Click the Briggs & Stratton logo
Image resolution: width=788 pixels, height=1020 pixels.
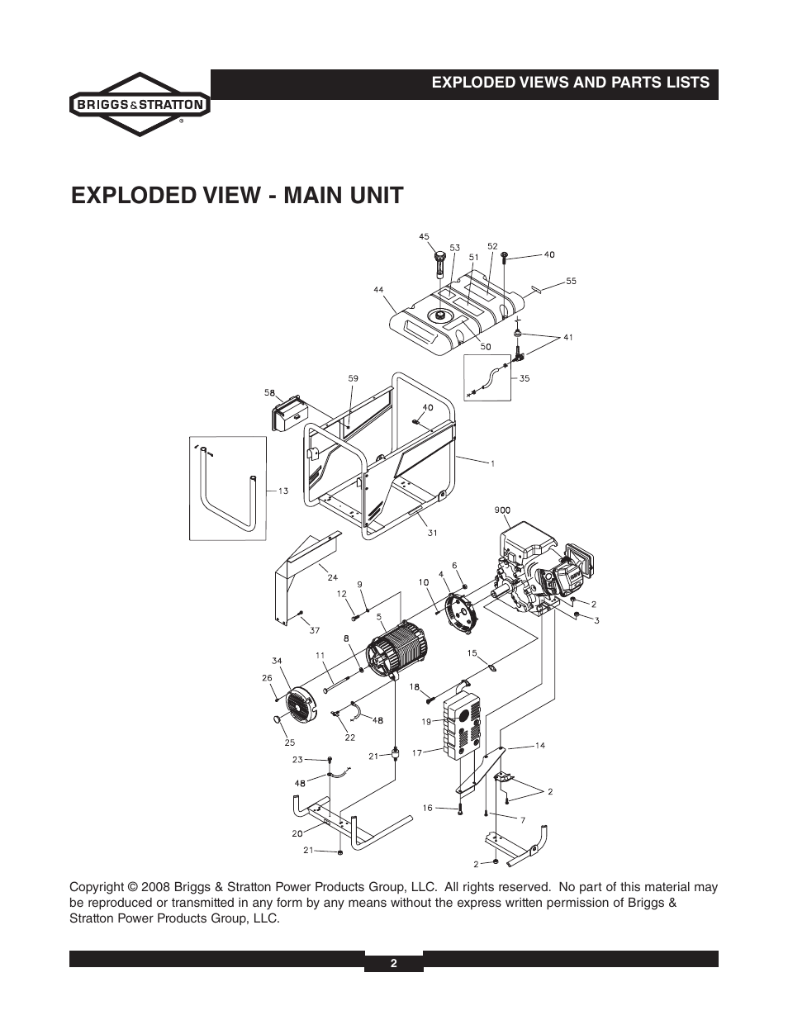pos(139,105)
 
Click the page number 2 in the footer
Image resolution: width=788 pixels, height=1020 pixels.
pos(394,963)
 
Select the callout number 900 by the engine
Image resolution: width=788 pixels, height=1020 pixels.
pos(501,510)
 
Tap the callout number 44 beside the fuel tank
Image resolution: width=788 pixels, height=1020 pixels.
pos(378,290)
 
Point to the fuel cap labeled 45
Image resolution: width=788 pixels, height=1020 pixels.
pos(439,264)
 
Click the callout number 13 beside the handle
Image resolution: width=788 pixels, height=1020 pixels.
pos(282,491)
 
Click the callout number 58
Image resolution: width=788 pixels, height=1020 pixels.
pos(268,392)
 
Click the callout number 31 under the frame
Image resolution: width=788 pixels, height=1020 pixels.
pos(432,533)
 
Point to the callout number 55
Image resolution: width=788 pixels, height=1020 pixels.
pos(571,282)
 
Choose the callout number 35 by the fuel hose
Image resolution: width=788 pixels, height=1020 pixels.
pos(524,379)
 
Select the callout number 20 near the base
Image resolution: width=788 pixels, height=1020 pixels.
pos(297,833)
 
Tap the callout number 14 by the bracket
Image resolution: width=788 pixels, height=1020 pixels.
pos(539,746)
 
